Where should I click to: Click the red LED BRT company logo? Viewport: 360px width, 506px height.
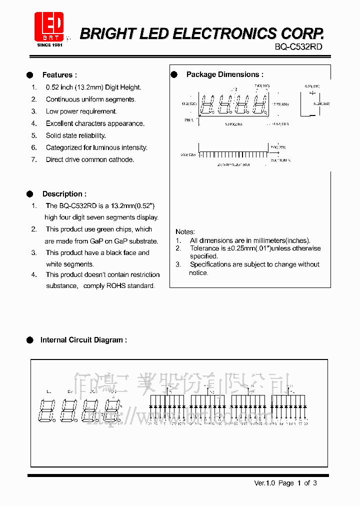click(x=49, y=26)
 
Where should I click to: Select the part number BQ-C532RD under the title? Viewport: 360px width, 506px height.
click(x=298, y=46)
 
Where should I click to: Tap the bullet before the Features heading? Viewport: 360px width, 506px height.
click(x=30, y=75)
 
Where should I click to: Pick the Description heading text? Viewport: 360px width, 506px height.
click(x=64, y=194)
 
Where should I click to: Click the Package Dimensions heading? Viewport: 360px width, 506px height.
click(x=224, y=74)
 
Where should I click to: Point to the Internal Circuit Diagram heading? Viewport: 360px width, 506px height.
click(x=83, y=340)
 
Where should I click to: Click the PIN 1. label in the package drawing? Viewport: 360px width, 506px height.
click(x=188, y=120)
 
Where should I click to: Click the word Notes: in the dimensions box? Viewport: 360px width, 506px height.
click(x=185, y=232)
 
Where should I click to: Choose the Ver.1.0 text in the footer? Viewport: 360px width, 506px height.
click(x=264, y=483)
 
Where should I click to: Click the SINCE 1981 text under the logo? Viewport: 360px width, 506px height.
click(x=49, y=45)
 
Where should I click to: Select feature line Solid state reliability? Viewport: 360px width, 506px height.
click(x=75, y=135)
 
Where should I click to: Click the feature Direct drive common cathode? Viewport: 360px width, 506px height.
click(x=90, y=159)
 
